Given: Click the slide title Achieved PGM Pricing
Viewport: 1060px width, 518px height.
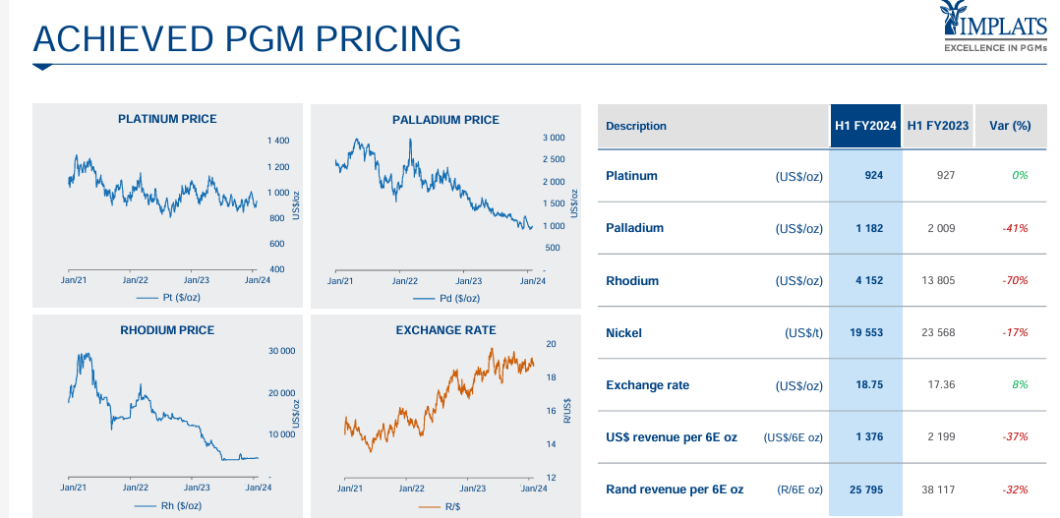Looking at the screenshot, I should pyautogui.click(x=247, y=38).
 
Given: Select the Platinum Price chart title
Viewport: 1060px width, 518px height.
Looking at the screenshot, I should pyautogui.click(x=167, y=119).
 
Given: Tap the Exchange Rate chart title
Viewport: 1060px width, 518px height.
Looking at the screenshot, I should pyautogui.click(x=445, y=330).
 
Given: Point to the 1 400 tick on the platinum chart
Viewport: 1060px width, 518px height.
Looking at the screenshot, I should pyautogui.click(x=278, y=142).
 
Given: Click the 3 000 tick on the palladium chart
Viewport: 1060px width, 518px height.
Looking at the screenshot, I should pyautogui.click(x=554, y=138).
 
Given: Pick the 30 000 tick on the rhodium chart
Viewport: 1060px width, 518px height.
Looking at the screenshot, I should pyautogui.click(x=280, y=350).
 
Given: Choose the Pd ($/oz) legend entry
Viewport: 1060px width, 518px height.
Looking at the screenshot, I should pyautogui.click(x=446, y=298).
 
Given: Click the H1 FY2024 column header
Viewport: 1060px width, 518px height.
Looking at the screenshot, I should pyautogui.click(x=865, y=126).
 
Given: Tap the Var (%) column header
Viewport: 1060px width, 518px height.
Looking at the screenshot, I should pyautogui.click(x=1010, y=126).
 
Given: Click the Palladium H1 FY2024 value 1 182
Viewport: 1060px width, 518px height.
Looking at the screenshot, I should pyautogui.click(x=868, y=228).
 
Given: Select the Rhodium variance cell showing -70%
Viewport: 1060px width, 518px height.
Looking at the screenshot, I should pyautogui.click(x=1015, y=280).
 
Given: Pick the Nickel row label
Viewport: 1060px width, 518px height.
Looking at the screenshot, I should pyautogui.click(x=623, y=333).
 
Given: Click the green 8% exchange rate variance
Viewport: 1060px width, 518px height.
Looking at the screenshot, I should pyautogui.click(x=1019, y=385).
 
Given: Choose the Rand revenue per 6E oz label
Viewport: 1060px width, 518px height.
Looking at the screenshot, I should pyautogui.click(x=675, y=489).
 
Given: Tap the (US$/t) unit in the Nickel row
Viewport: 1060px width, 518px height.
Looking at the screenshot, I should pyautogui.click(x=803, y=333).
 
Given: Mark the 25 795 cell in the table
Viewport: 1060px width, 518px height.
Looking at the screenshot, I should pyautogui.click(x=866, y=489).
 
